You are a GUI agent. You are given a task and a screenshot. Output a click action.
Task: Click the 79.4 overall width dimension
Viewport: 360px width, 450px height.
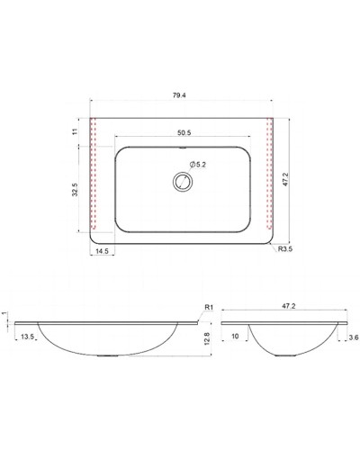[x=179, y=95]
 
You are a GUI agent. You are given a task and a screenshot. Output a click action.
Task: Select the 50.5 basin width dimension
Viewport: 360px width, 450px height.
[x=184, y=133]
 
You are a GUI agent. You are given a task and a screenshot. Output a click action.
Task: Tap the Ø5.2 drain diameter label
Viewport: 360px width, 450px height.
[x=198, y=165]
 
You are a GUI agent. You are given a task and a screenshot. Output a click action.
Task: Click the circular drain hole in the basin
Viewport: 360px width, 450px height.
[x=183, y=182]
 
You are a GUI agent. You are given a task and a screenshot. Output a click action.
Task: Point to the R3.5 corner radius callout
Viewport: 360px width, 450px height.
[x=285, y=248]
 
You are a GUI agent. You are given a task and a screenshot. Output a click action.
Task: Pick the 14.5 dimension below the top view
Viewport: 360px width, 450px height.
[x=103, y=251]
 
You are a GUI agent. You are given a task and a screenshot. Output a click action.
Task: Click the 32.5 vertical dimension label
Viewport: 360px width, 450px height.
[x=75, y=190]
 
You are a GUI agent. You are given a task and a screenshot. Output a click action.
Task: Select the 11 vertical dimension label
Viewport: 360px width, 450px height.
[x=75, y=131]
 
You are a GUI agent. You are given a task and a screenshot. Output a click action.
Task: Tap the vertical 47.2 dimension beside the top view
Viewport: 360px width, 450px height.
[x=285, y=179]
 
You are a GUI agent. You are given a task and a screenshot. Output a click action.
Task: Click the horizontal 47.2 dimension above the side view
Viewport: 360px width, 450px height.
[x=289, y=306]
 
